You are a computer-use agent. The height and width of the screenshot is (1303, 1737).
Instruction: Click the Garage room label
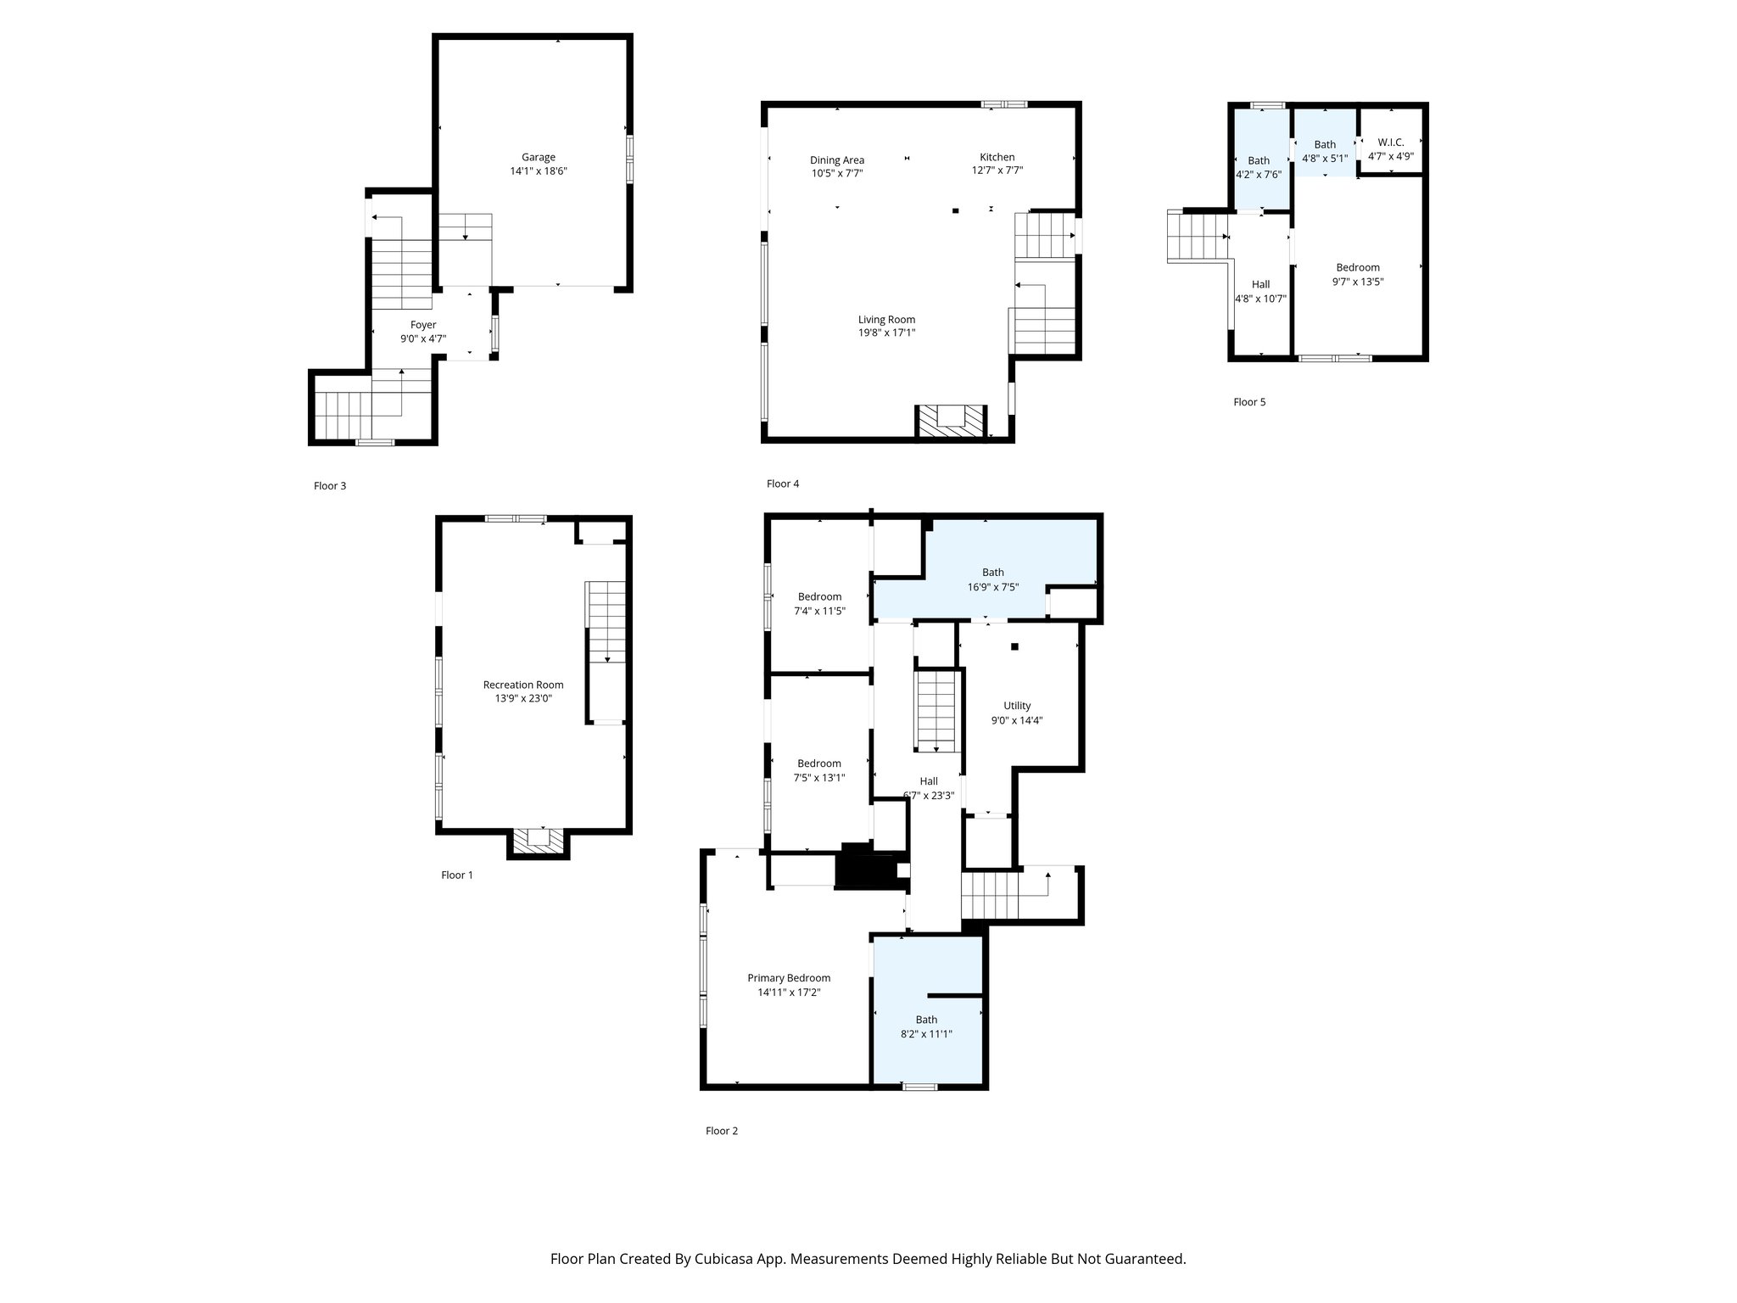[x=538, y=157]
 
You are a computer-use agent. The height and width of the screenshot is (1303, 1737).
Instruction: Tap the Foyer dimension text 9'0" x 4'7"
[x=423, y=338]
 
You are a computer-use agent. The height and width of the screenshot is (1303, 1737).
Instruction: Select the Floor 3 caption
[x=330, y=486]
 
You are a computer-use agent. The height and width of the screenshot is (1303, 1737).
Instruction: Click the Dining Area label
[x=836, y=159]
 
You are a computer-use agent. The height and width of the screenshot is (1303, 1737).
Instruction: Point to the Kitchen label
[x=997, y=157]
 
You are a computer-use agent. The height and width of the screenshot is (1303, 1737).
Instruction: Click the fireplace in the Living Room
[x=952, y=421]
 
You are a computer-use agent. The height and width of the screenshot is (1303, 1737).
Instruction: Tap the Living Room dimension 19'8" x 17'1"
[x=886, y=333]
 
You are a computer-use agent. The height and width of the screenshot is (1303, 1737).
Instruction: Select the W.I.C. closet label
[x=1390, y=143]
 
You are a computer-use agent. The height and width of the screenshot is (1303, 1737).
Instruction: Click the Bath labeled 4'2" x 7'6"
[x=1259, y=160]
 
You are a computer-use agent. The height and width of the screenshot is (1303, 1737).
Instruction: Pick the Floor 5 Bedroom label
[x=1358, y=267]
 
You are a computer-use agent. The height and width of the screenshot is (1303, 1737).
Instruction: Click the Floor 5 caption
[x=1248, y=402]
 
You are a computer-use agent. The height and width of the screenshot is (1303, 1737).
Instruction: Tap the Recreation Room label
[x=522, y=685]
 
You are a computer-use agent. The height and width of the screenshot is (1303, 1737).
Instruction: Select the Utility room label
[x=1017, y=706]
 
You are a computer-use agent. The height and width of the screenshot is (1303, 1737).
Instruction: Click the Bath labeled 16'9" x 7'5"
[x=992, y=573]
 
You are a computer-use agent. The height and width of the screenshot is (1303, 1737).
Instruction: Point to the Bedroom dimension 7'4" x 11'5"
[x=819, y=611]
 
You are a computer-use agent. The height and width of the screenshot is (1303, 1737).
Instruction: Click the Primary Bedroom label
[x=789, y=978]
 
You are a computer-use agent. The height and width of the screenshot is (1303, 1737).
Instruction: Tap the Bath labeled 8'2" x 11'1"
[x=926, y=1020]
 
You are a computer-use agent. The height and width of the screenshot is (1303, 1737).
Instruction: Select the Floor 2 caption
[x=722, y=1131]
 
